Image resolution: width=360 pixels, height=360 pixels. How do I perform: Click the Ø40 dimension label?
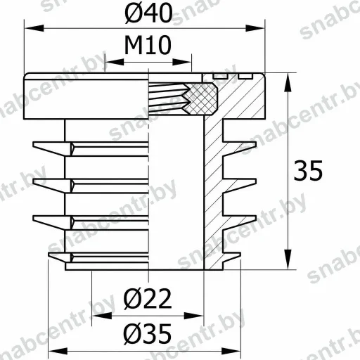pos(148,13)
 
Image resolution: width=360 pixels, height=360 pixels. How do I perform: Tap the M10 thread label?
pos(148,45)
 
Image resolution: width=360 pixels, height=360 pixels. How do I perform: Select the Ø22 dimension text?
pos(148,299)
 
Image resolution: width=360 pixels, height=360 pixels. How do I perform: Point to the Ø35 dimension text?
pos(148,333)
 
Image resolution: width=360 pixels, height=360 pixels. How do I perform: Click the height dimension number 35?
pos(308,170)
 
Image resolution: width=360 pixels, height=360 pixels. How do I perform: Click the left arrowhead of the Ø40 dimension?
pos(34,28)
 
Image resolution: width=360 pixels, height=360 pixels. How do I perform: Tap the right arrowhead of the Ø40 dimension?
pos(255,28)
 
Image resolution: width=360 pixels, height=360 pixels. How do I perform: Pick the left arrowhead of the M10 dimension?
pos(115,62)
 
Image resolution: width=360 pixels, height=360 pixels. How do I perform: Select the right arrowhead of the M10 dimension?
pos(182,62)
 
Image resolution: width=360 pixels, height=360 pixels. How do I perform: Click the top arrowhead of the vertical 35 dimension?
pos(288,82)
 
